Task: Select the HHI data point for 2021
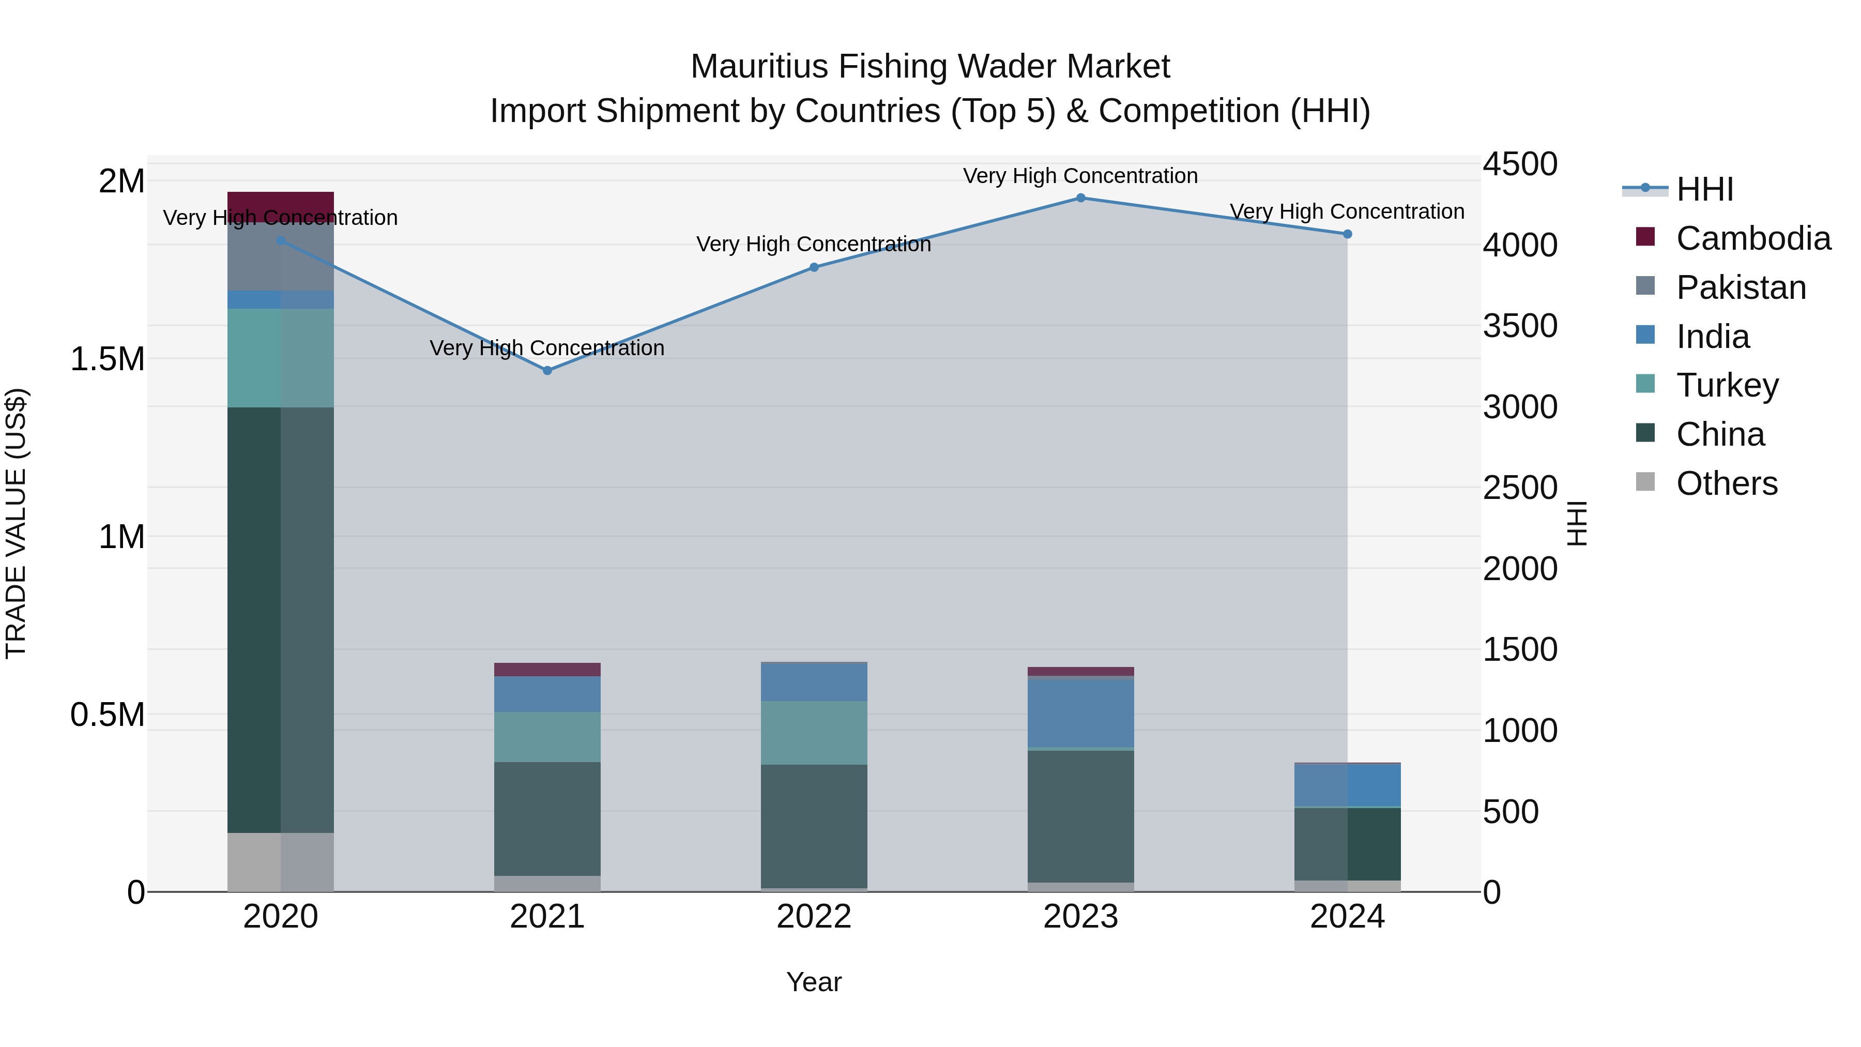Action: point(547,371)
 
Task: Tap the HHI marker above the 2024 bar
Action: point(1347,234)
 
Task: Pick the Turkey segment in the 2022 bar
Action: point(814,733)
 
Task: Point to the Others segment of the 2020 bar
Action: point(280,862)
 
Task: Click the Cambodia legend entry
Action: point(1752,238)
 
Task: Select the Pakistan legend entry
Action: point(1741,287)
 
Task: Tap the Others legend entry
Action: point(1727,483)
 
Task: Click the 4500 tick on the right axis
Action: point(1520,164)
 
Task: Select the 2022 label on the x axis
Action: point(814,917)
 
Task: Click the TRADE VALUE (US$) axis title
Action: point(16,523)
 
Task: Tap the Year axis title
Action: point(814,982)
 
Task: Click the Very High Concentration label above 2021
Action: point(547,348)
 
